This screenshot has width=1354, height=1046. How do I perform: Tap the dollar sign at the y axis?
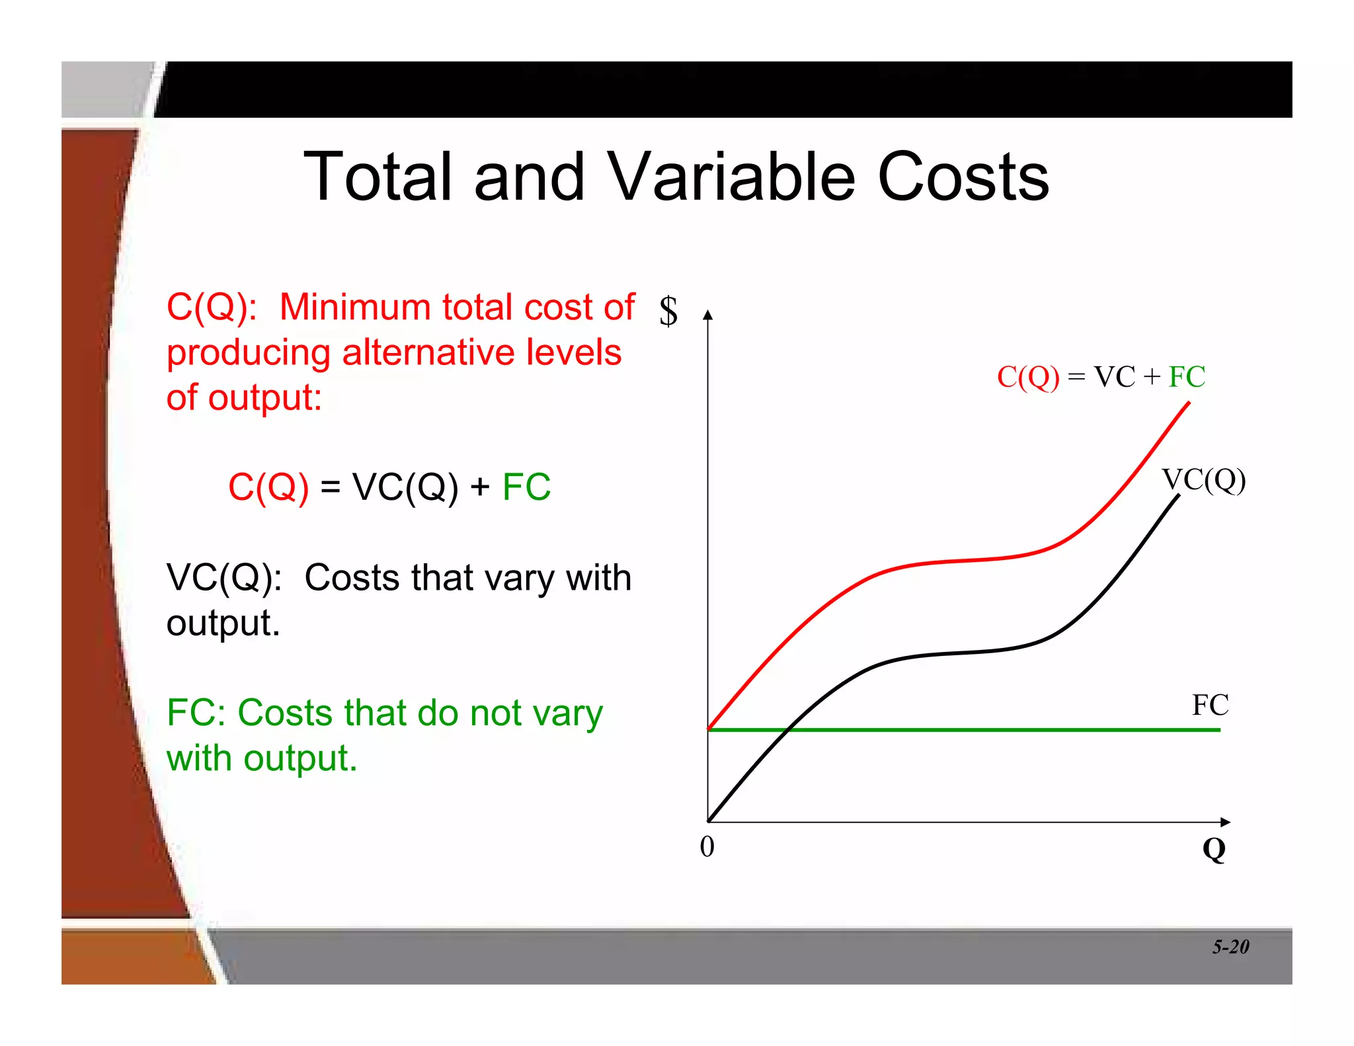click(668, 311)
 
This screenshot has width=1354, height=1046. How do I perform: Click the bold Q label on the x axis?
click(1214, 849)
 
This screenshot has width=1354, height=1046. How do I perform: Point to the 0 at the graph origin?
click(707, 847)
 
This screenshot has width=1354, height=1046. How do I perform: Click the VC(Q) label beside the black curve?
click(1203, 479)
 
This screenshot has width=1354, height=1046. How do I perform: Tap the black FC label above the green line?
click(1210, 705)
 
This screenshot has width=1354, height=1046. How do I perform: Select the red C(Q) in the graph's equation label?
click(1028, 378)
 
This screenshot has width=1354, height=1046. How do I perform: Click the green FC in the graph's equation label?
click(1187, 377)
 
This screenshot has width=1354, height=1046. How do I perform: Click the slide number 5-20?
click(1230, 947)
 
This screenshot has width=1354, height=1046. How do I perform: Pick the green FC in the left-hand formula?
click(526, 487)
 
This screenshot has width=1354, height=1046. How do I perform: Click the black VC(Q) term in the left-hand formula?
click(405, 488)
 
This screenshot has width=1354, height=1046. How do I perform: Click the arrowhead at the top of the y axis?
click(708, 315)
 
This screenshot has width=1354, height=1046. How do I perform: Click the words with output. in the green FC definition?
click(262, 758)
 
